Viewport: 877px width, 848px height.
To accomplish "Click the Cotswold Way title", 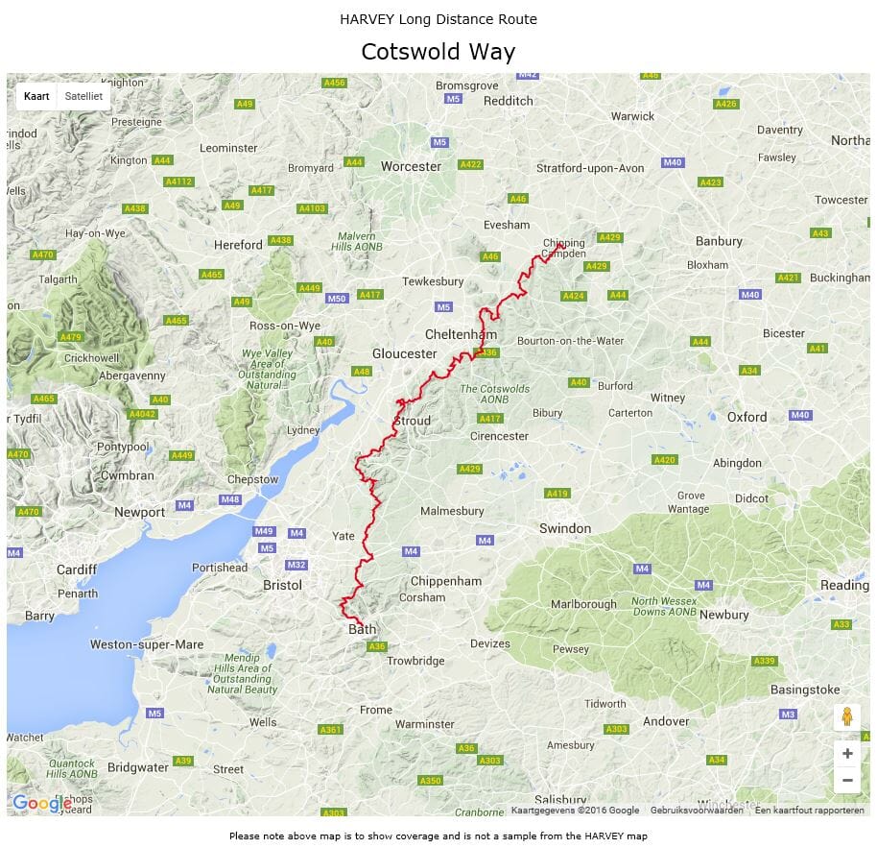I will tap(438, 52).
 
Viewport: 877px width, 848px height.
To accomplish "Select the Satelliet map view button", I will tap(83, 96).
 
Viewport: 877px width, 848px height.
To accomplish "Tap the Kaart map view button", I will tap(36, 96).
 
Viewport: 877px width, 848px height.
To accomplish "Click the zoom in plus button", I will tap(846, 754).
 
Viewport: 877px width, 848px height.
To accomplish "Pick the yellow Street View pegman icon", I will tap(846, 716).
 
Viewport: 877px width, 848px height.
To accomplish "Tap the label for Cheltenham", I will tap(461, 334).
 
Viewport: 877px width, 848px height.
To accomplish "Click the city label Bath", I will tap(362, 630).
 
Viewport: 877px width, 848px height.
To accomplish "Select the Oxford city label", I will tap(747, 417).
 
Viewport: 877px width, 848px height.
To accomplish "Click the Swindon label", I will tap(565, 528).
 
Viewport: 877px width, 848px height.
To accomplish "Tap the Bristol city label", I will tap(282, 585).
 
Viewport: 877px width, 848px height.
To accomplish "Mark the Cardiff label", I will tap(77, 569).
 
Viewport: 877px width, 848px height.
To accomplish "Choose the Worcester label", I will tap(411, 166).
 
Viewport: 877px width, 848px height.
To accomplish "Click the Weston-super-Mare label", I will tap(147, 644).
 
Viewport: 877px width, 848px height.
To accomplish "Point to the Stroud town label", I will tap(413, 421).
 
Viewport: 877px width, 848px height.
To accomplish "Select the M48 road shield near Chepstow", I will tap(229, 499).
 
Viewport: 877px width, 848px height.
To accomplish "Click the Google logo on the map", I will tap(40, 803).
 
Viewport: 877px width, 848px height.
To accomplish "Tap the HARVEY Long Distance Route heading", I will tap(438, 19).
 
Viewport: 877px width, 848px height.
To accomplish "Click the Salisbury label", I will tap(560, 799).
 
